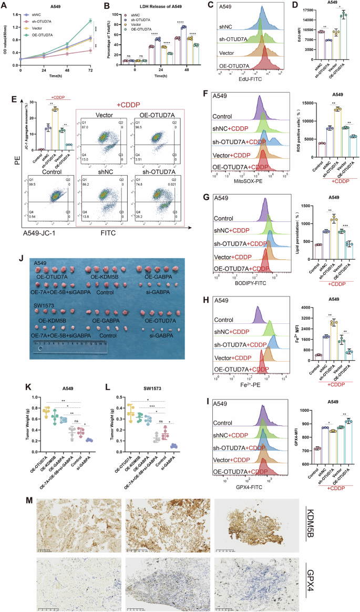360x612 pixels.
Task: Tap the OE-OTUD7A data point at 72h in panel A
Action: point(91,21)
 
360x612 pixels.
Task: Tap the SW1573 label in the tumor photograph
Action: point(45,303)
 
